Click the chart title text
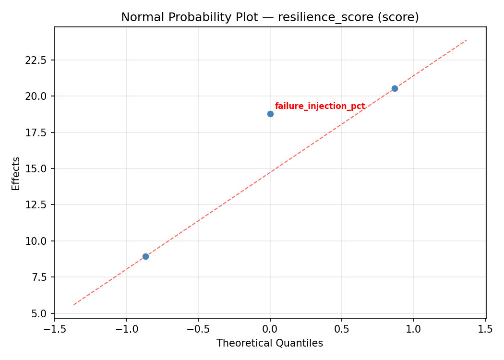(270, 17)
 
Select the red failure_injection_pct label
(320, 106)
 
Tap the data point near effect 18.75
(270, 114)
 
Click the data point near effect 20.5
(395, 88)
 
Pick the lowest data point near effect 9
(145, 256)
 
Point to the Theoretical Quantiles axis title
(270, 343)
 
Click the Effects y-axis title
(16, 173)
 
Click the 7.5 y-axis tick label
(40, 277)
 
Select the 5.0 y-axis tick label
(40, 313)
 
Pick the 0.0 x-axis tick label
(270, 329)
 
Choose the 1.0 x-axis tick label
(413, 329)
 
